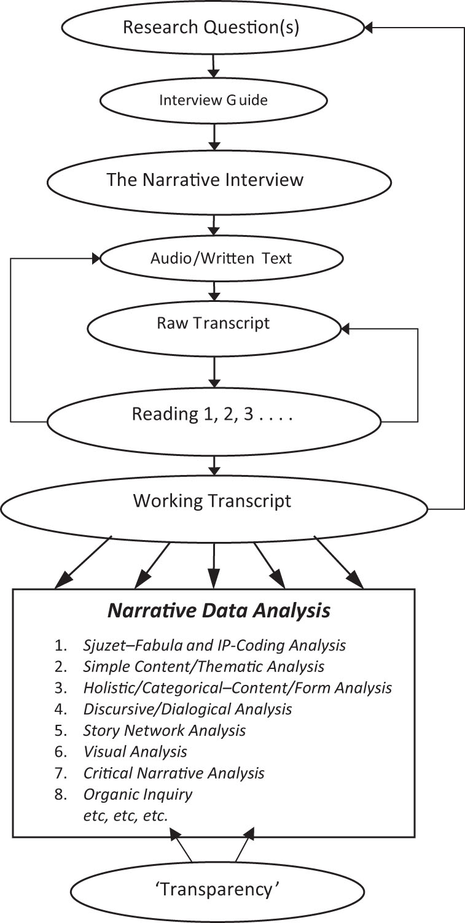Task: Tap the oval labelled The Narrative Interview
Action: (205, 180)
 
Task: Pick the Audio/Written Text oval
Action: (221, 258)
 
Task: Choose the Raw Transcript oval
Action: (213, 323)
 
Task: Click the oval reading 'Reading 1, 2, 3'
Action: (213, 415)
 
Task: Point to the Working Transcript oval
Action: (213, 501)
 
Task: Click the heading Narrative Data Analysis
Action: (219, 611)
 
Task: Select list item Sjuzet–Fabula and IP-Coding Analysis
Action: (214, 645)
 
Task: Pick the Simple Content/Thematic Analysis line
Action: (203, 666)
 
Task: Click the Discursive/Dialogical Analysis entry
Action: (187, 709)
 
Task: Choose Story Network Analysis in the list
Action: (165, 730)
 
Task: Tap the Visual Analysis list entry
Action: (135, 751)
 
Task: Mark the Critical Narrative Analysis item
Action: (174, 773)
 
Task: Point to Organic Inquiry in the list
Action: (138, 794)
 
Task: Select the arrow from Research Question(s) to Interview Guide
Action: (214, 64)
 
